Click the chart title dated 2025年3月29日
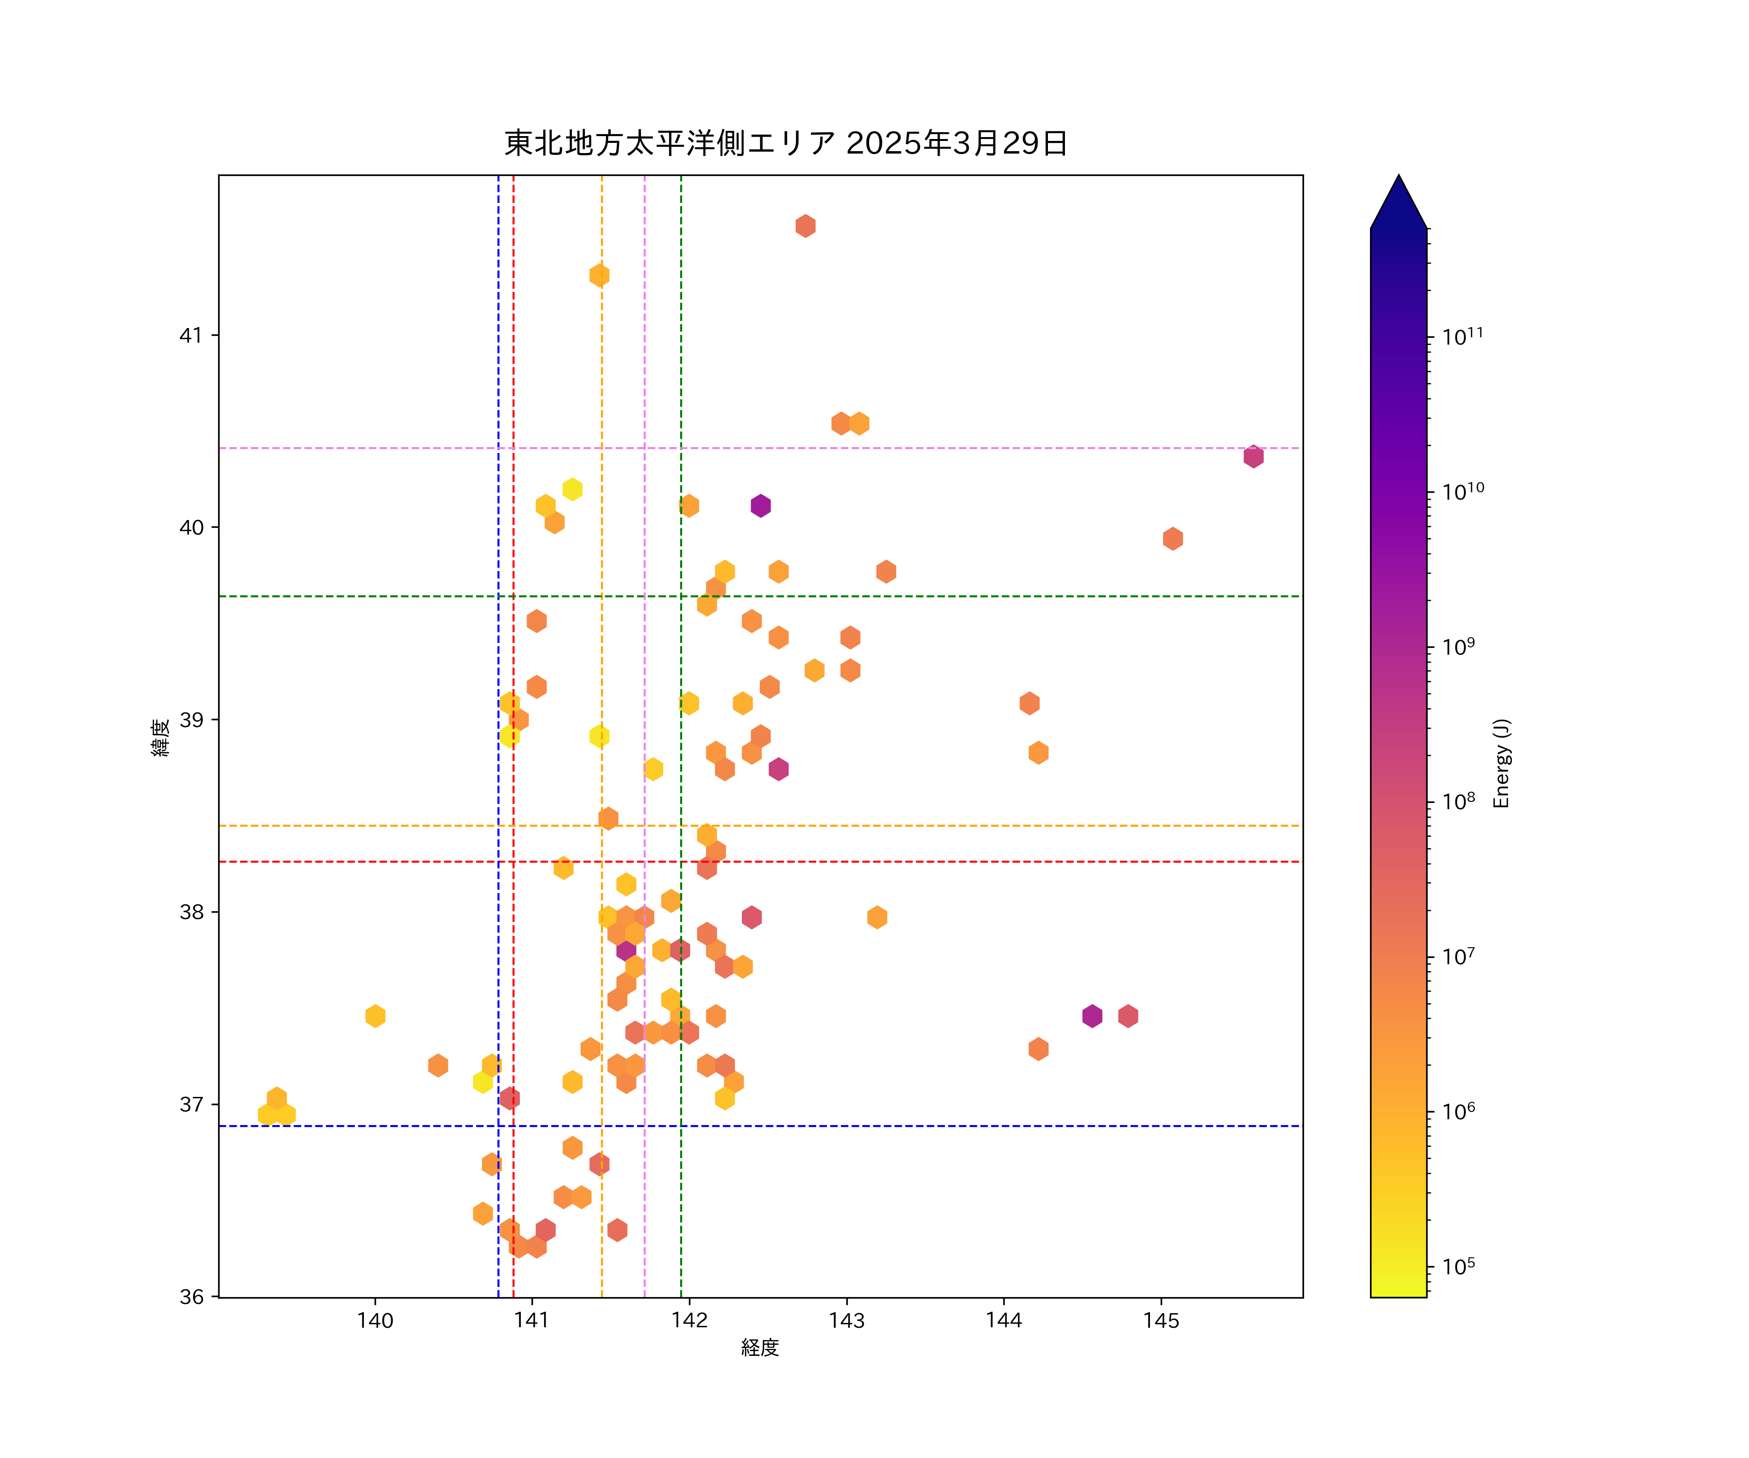click(786, 143)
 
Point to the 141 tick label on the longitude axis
click(532, 1320)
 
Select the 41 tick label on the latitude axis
click(191, 336)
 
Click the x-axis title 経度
click(759, 1348)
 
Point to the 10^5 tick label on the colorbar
click(1458, 1267)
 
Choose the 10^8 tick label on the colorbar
click(1458, 801)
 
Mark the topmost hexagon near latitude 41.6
click(805, 226)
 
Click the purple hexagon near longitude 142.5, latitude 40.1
click(760, 506)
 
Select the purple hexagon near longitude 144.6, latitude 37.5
click(1092, 1016)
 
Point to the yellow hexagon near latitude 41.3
click(599, 275)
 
